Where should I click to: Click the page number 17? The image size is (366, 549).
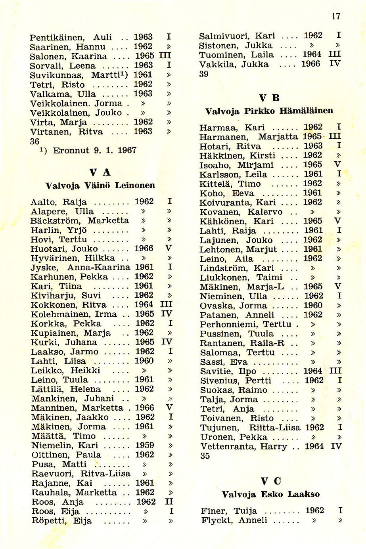336,16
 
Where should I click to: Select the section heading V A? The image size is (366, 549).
100,172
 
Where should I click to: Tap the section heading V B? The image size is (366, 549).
269,98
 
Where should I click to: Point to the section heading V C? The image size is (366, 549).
271,481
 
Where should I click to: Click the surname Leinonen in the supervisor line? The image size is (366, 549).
135,185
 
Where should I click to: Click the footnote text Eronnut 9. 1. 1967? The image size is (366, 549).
94,150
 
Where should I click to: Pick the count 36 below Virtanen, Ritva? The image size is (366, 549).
34,141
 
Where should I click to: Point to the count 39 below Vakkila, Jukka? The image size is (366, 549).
204,74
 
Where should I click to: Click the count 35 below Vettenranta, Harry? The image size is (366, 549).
205,456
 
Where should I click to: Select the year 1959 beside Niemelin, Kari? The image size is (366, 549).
144,445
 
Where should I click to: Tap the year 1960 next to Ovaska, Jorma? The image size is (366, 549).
313,305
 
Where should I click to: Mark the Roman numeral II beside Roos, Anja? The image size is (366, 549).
169,502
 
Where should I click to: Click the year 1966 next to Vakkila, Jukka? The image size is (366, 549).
310,64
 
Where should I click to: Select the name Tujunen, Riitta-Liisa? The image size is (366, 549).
250,428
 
